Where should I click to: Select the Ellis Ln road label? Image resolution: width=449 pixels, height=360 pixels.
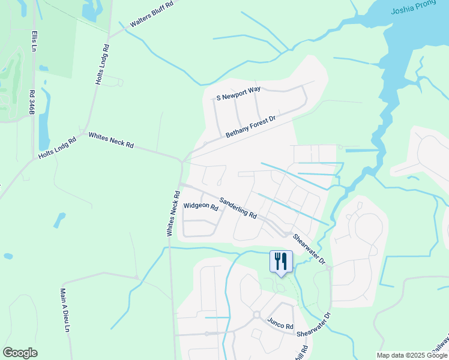(35, 40)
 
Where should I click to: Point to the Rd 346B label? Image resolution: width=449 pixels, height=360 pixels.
(31, 103)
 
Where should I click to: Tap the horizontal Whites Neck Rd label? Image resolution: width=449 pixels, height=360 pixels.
(111, 142)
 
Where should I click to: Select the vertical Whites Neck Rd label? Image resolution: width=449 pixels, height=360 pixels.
(172, 213)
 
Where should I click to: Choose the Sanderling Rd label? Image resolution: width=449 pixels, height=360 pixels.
(238, 208)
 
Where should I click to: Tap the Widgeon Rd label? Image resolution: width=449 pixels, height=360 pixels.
(200, 206)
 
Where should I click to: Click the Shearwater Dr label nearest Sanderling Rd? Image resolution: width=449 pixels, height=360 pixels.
(309, 248)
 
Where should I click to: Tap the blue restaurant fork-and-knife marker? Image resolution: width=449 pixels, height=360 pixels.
(280, 262)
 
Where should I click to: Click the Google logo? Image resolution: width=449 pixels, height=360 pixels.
(20, 353)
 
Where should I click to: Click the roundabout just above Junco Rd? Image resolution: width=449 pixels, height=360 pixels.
(256, 314)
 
